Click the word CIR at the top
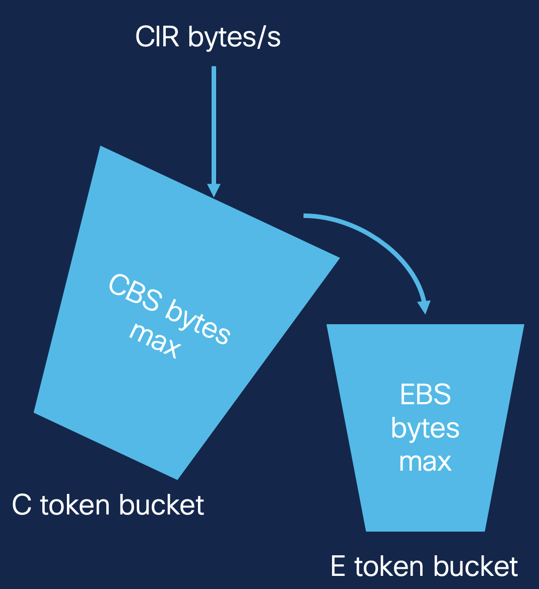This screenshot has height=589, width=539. [157, 38]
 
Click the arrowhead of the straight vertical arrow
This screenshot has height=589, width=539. [214, 190]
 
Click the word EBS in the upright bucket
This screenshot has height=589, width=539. [425, 395]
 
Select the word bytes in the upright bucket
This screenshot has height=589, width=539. [425, 429]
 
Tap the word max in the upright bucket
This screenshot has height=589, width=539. [425, 462]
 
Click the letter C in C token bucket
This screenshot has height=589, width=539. [22, 505]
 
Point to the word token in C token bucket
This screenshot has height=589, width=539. [77, 505]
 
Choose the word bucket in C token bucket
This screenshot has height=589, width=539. [162, 505]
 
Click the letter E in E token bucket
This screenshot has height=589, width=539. [338, 567]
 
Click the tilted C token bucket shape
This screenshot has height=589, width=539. [126, 393]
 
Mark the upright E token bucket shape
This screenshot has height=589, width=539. [425, 503]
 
